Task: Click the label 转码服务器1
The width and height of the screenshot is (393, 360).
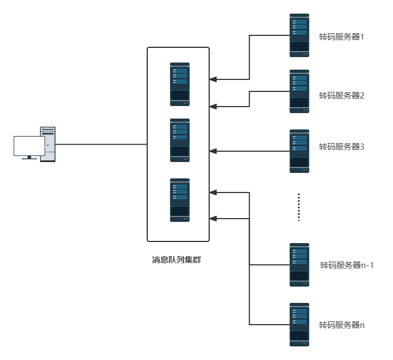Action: (x=341, y=38)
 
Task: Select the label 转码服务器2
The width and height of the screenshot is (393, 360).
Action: (x=341, y=96)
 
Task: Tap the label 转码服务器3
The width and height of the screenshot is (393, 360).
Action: (x=341, y=146)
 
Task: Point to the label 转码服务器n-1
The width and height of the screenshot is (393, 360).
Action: (x=347, y=265)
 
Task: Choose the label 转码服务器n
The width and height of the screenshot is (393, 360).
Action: (x=341, y=325)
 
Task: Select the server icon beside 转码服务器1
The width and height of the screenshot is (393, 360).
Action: (x=299, y=35)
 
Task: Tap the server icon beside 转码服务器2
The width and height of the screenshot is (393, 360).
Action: (x=299, y=91)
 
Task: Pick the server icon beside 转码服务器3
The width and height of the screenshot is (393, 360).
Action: (x=299, y=151)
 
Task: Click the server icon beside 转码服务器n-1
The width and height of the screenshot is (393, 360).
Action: (x=299, y=265)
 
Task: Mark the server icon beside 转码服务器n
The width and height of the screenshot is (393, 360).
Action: (x=299, y=325)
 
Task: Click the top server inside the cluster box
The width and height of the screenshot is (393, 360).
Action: (x=180, y=84)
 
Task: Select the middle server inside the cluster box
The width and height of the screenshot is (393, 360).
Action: (x=180, y=140)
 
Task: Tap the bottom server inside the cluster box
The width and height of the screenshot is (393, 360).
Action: (x=180, y=200)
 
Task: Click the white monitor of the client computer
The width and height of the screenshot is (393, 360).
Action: (x=29, y=146)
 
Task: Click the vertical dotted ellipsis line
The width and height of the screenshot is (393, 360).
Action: (x=299, y=207)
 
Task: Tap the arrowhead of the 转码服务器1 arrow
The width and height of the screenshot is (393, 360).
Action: (x=213, y=79)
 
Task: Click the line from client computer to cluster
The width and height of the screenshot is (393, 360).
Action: (x=101, y=144)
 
